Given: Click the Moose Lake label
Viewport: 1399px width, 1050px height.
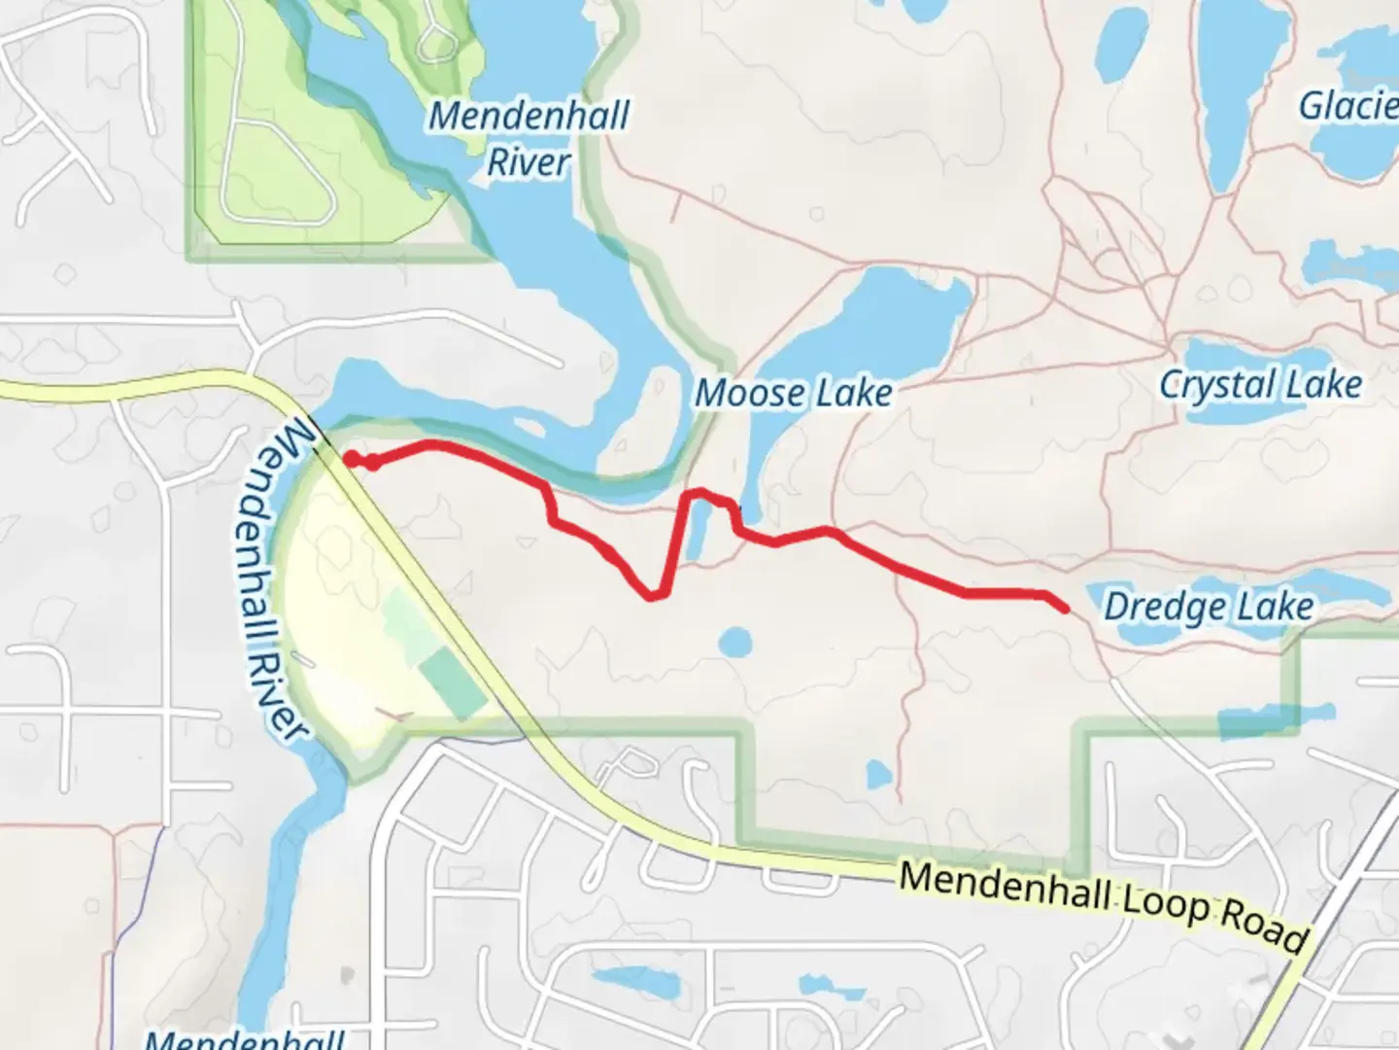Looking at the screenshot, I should pyautogui.click(x=793, y=394).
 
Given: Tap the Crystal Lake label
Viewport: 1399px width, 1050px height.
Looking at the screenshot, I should pyautogui.click(x=1260, y=385).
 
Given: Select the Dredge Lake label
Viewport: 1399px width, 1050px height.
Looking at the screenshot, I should pyautogui.click(x=1209, y=608).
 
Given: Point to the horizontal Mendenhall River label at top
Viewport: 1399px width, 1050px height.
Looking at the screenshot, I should pyautogui.click(x=529, y=138).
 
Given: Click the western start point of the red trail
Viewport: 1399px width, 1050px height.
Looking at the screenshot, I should pyautogui.click(x=348, y=460).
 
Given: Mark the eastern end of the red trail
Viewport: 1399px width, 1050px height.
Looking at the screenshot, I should pyautogui.click(x=1066, y=609).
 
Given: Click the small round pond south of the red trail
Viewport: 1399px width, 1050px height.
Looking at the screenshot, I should pyautogui.click(x=735, y=642).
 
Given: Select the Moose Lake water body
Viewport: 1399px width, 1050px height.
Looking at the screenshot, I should pyautogui.click(x=874, y=321).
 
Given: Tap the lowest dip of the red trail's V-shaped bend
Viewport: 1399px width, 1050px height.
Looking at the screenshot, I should pyautogui.click(x=655, y=594).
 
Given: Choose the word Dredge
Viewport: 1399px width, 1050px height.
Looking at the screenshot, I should pyautogui.click(x=1153, y=608).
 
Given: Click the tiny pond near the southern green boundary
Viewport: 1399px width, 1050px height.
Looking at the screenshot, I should pyautogui.click(x=878, y=775).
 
